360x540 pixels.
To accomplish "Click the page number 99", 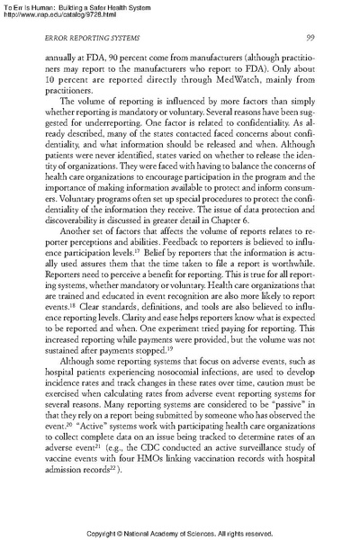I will coord(308,62).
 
